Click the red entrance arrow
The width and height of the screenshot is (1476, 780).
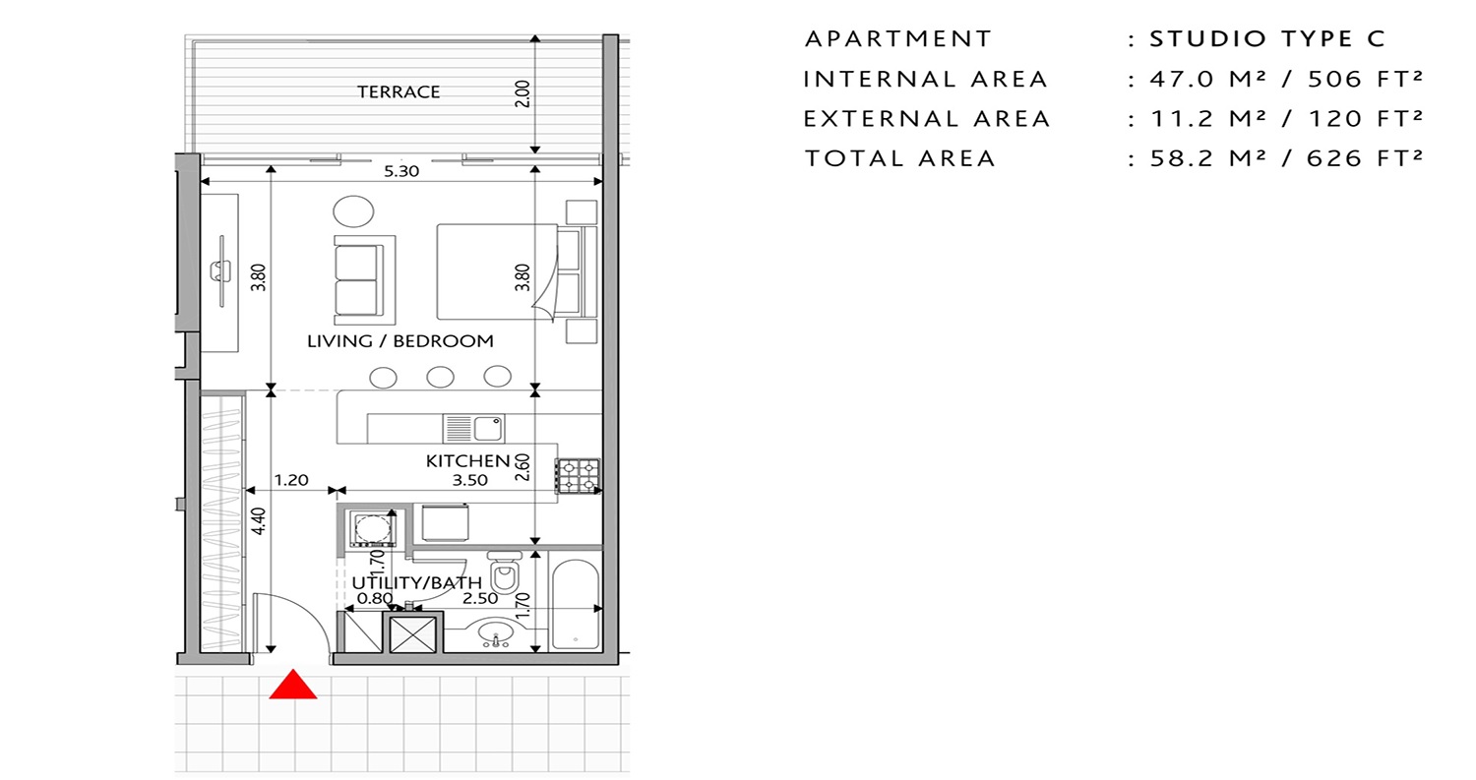(293, 686)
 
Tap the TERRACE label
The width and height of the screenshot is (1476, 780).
(399, 92)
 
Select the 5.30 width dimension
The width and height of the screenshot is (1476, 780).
(401, 171)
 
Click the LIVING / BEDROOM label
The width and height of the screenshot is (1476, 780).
(400, 342)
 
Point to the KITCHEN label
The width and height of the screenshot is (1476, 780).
(467, 460)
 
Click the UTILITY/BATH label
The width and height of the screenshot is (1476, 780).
(417, 582)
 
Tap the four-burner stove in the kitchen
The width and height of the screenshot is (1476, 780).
(578, 475)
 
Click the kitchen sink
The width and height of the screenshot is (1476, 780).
(474, 428)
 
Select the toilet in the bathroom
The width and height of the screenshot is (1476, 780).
(505, 574)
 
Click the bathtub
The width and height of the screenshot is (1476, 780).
(576, 604)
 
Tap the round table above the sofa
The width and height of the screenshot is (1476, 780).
(353, 211)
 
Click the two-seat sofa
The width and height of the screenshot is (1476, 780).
(362, 280)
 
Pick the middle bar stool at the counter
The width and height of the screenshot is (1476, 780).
(440, 377)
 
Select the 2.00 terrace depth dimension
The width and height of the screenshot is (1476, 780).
(523, 93)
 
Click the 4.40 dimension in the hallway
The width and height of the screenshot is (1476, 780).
(258, 518)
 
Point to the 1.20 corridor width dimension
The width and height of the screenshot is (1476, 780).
(291, 481)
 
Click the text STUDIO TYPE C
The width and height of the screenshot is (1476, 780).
(1267, 39)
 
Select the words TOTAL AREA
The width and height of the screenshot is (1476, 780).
(899, 158)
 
